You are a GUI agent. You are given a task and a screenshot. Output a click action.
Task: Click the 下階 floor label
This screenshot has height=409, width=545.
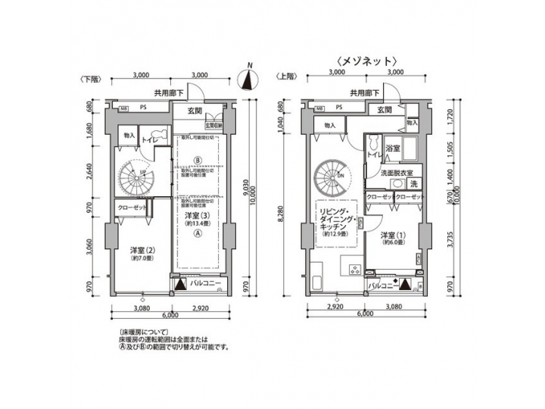click(88, 78)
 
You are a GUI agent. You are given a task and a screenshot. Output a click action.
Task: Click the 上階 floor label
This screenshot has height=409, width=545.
click(287, 78)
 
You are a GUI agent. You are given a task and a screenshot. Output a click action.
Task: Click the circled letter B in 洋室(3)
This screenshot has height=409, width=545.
click(197, 161)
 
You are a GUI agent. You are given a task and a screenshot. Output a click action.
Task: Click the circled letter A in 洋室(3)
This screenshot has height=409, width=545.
click(197, 234)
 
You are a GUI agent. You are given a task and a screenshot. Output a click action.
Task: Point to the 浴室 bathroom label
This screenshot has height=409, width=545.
click(392, 148)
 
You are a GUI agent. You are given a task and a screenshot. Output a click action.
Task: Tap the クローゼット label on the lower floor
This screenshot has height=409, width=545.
click(133, 208)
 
